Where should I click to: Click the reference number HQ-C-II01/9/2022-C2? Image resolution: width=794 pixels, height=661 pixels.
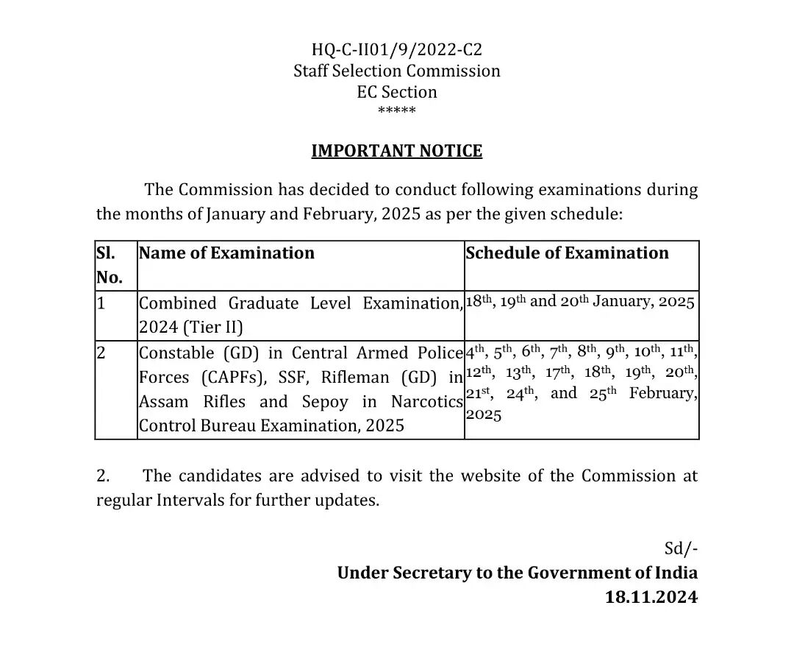[x=397, y=50]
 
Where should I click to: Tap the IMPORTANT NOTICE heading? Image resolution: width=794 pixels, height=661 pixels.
[x=397, y=151]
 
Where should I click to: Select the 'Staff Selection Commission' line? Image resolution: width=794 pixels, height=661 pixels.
[x=397, y=71]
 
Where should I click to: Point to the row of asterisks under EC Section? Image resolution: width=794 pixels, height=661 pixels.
[x=397, y=111]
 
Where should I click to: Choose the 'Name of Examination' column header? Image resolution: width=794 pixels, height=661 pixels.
[x=226, y=253]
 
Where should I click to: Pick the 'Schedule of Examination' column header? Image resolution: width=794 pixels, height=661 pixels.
[x=568, y=253]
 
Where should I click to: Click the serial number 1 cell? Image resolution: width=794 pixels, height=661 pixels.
[x=101, y=303]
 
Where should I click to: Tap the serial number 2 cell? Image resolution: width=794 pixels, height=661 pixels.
[x=101, y=353]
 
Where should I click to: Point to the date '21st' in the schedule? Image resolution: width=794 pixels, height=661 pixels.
[x=478, y=394]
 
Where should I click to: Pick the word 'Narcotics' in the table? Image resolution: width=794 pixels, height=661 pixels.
[x=427, y=402]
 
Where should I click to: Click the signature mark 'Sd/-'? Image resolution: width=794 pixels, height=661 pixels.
[x=681, y=549]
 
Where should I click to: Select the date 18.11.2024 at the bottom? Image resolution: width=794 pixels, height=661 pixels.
[x=651, y=597]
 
